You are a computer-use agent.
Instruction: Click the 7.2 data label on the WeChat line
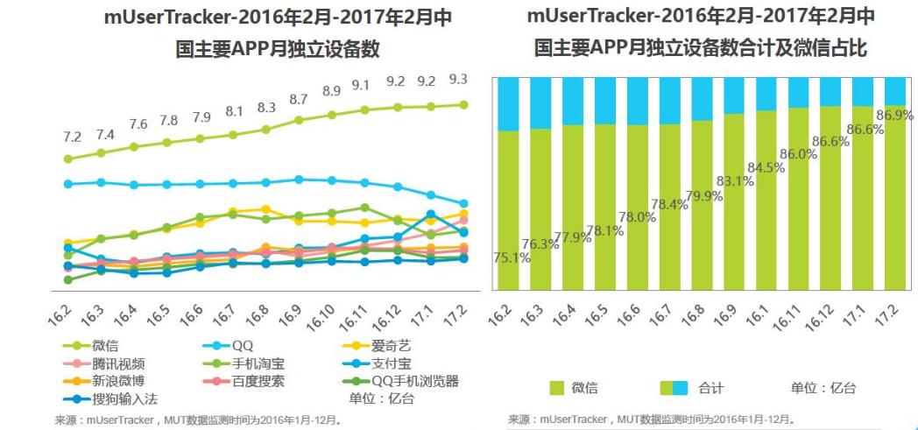tap(71, 137)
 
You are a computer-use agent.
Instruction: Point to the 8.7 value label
tap(298, 99)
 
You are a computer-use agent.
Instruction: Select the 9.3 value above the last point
tap(457, 79)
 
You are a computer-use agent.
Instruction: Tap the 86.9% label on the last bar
tap(888, 115)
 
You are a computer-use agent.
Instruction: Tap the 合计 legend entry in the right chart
tap(710, 388)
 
